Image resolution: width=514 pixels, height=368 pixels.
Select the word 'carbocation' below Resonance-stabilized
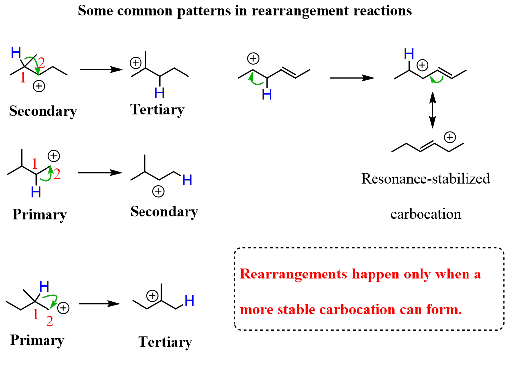(x=425, y=214)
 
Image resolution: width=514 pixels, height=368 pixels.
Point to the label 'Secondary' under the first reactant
(x=43, y=111)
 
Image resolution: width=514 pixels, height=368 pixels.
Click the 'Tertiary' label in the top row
(x=157, y=109)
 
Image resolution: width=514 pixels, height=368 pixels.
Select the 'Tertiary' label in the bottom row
(x=165, y=342)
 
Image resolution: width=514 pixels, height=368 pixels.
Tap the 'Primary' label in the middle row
(x=40, y=215)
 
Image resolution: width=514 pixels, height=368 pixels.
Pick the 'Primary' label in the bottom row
(x=37, y=340)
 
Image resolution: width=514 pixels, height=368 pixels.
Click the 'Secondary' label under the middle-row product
(x=164, y=212)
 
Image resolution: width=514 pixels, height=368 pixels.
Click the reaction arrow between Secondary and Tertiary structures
(x=101, y=70)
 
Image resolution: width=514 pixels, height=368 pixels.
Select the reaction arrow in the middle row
(x=100, y=173)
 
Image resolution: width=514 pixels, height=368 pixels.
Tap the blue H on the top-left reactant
(x=16, y=51)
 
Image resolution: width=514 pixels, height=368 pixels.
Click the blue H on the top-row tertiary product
(x=159, y=92)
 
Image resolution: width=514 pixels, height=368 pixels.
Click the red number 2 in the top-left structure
(x=42, y=63)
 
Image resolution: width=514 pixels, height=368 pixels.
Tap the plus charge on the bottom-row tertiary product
(x=153, y=296)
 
